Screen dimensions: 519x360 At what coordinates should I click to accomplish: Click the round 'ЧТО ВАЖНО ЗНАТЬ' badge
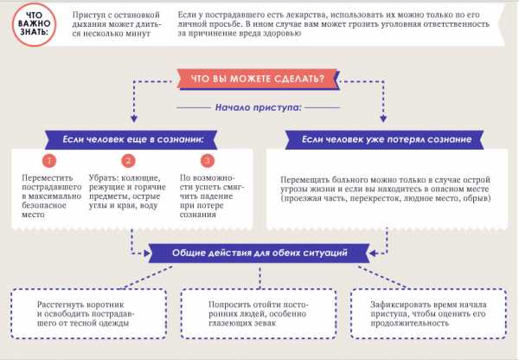pos(34,24)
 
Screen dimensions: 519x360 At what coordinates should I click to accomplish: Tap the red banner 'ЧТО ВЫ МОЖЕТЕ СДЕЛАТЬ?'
pos(258,79)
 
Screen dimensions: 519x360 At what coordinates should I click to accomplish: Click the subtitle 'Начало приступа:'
pos(258,107)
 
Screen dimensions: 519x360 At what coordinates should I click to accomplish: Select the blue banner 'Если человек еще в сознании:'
pos(131,139)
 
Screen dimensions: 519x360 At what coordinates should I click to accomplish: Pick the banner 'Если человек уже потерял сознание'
pos(385,139)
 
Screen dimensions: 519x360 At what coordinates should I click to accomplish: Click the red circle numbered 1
pos(49,161)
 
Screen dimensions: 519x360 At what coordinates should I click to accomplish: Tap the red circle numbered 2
pos(128,161)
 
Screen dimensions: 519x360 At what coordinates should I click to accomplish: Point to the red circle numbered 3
pos(208,161)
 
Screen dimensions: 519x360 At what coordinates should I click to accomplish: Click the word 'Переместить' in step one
pos(48,178)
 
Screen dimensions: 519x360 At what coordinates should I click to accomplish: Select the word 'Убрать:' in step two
pos(104,178)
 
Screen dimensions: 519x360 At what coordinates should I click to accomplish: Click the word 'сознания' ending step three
pos(198,215)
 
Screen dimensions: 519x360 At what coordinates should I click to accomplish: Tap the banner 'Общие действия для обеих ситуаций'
pos(259,253)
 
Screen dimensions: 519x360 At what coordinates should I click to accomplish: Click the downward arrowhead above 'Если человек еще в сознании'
pos(134,119)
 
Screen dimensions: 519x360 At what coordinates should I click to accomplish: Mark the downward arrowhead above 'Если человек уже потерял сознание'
pos(383,119)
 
